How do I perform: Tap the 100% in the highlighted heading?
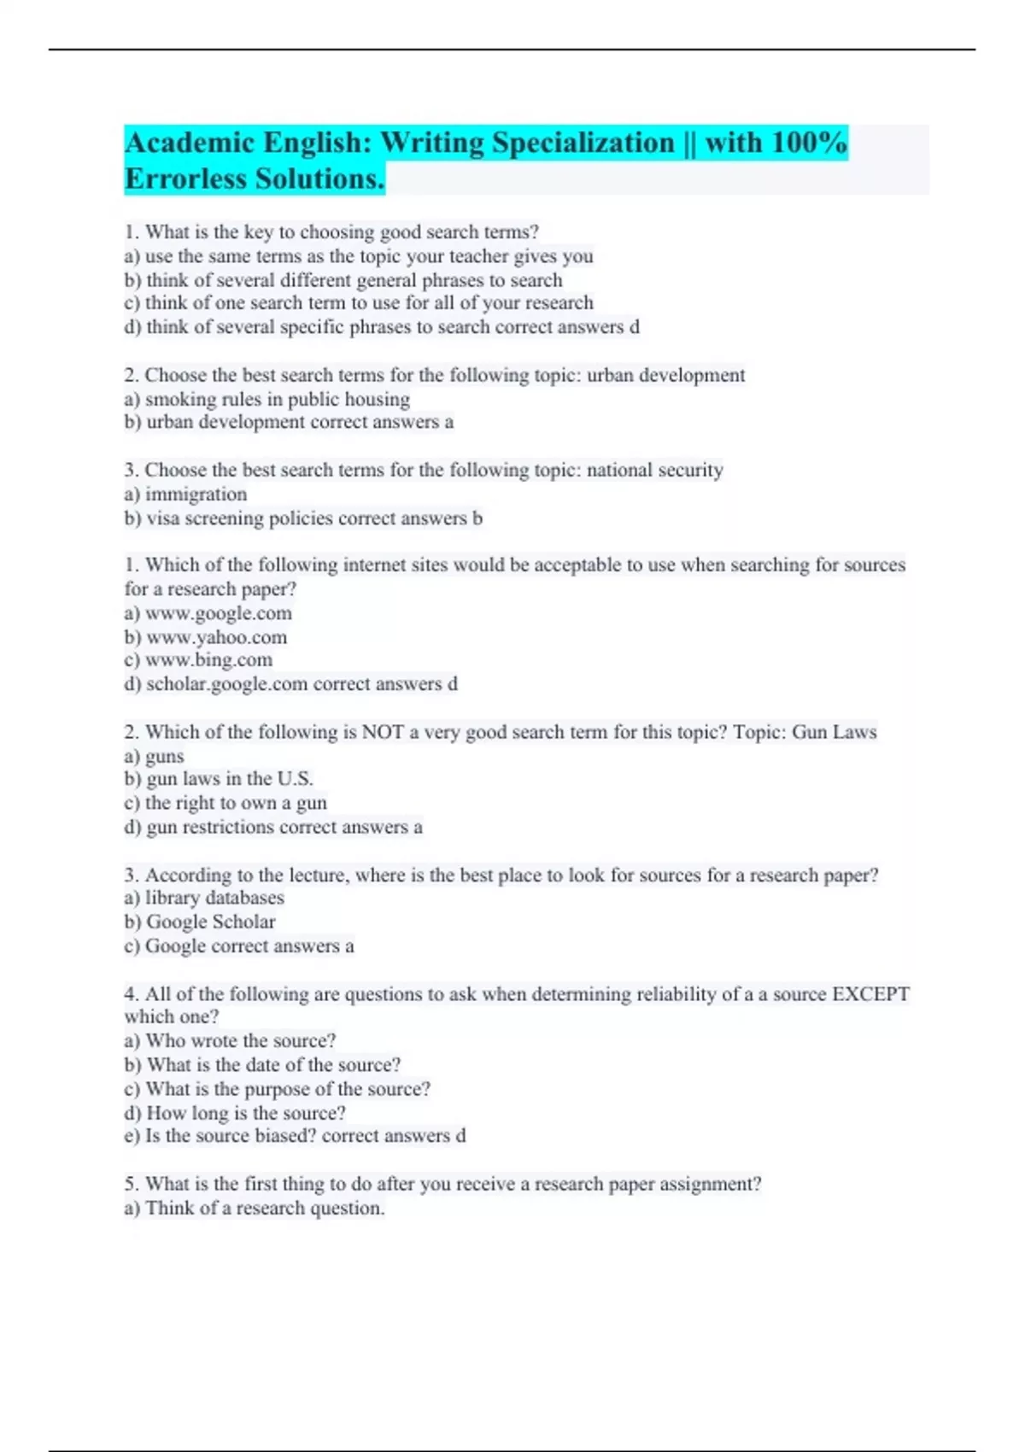[808, 143]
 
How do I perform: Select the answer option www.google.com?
[219, 613]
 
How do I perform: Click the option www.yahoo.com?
[217, 637]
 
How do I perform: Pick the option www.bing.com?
[208, 660]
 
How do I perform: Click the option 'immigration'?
[196, 495]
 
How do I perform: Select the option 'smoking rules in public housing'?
[277, 399]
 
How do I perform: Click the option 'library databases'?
[214, 898]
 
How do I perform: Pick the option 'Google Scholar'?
[211, 922]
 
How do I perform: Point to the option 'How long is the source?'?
[246, 1113]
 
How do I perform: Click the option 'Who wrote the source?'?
[241, 1040]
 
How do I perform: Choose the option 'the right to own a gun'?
[236, 803]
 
